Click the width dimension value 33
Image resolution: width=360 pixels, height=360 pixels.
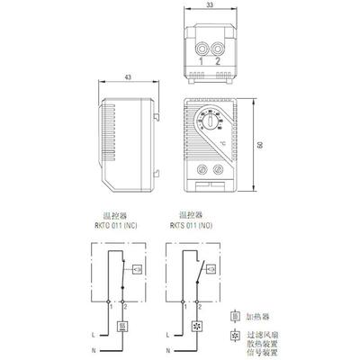[x=209, y=6]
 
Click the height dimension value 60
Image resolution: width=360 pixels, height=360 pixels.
[x=261, y=145]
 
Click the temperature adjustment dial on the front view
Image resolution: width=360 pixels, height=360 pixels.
[x=209, y=121]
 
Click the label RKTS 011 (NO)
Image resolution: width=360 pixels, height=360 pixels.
[x=191, y=224]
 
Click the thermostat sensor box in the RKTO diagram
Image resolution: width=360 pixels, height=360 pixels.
[x=135, y=268]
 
